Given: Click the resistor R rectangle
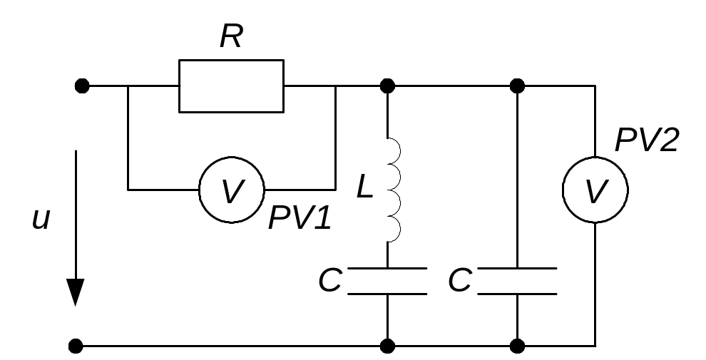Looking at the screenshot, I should click(231, 86).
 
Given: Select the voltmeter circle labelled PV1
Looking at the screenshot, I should click(231, 190).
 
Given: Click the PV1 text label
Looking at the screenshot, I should click(300, 219).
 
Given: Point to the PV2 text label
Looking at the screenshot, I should click(646, 140).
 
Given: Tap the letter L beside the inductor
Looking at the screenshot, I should click(364, 187).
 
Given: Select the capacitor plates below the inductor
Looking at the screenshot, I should click(387, 281).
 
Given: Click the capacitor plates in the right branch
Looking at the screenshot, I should click(517, 281).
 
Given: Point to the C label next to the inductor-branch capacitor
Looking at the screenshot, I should click(330, 282).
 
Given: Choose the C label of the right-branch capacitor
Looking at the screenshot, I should click(460, 282).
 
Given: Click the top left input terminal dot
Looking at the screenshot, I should click(82, 86).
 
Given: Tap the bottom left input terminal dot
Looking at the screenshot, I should click(76, 346).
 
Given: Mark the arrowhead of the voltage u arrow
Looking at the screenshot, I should click(76, 292).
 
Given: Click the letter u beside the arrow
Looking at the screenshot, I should click(41, 219).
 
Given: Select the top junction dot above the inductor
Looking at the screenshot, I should click(387, 86).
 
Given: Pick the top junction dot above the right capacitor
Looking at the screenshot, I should click(518, 86).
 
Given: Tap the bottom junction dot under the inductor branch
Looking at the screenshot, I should click(387, 346).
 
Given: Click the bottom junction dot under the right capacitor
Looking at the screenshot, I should click(518, 346).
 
